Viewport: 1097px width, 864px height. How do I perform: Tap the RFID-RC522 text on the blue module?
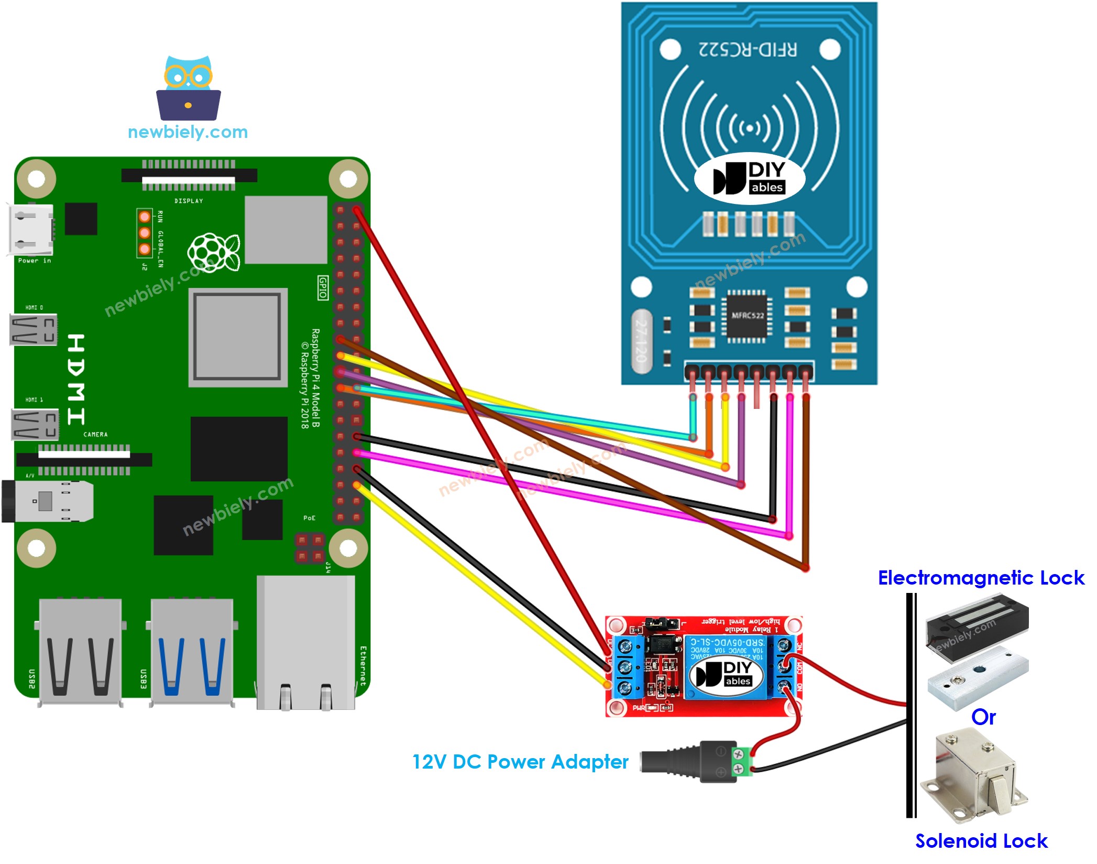pos(748,50)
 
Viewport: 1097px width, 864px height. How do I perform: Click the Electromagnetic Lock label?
pos(981,578)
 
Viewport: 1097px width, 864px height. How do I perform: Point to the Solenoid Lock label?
pos(981,841)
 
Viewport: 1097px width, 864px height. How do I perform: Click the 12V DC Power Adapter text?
pos(520,762)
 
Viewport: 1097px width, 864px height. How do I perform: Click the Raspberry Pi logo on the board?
pos(214,252)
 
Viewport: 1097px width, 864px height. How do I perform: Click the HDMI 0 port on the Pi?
pos(33,330)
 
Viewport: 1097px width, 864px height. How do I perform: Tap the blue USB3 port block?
pos(192,653)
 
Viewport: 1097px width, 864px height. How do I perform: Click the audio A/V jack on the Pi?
pos(47,501)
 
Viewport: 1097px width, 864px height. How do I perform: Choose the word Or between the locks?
pos(983,717)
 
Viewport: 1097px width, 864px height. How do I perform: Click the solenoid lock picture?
pos(974,779)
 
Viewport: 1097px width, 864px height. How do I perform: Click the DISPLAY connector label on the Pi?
pos(189,201)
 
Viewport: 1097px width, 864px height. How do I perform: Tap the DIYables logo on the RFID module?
pos(749,179)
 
